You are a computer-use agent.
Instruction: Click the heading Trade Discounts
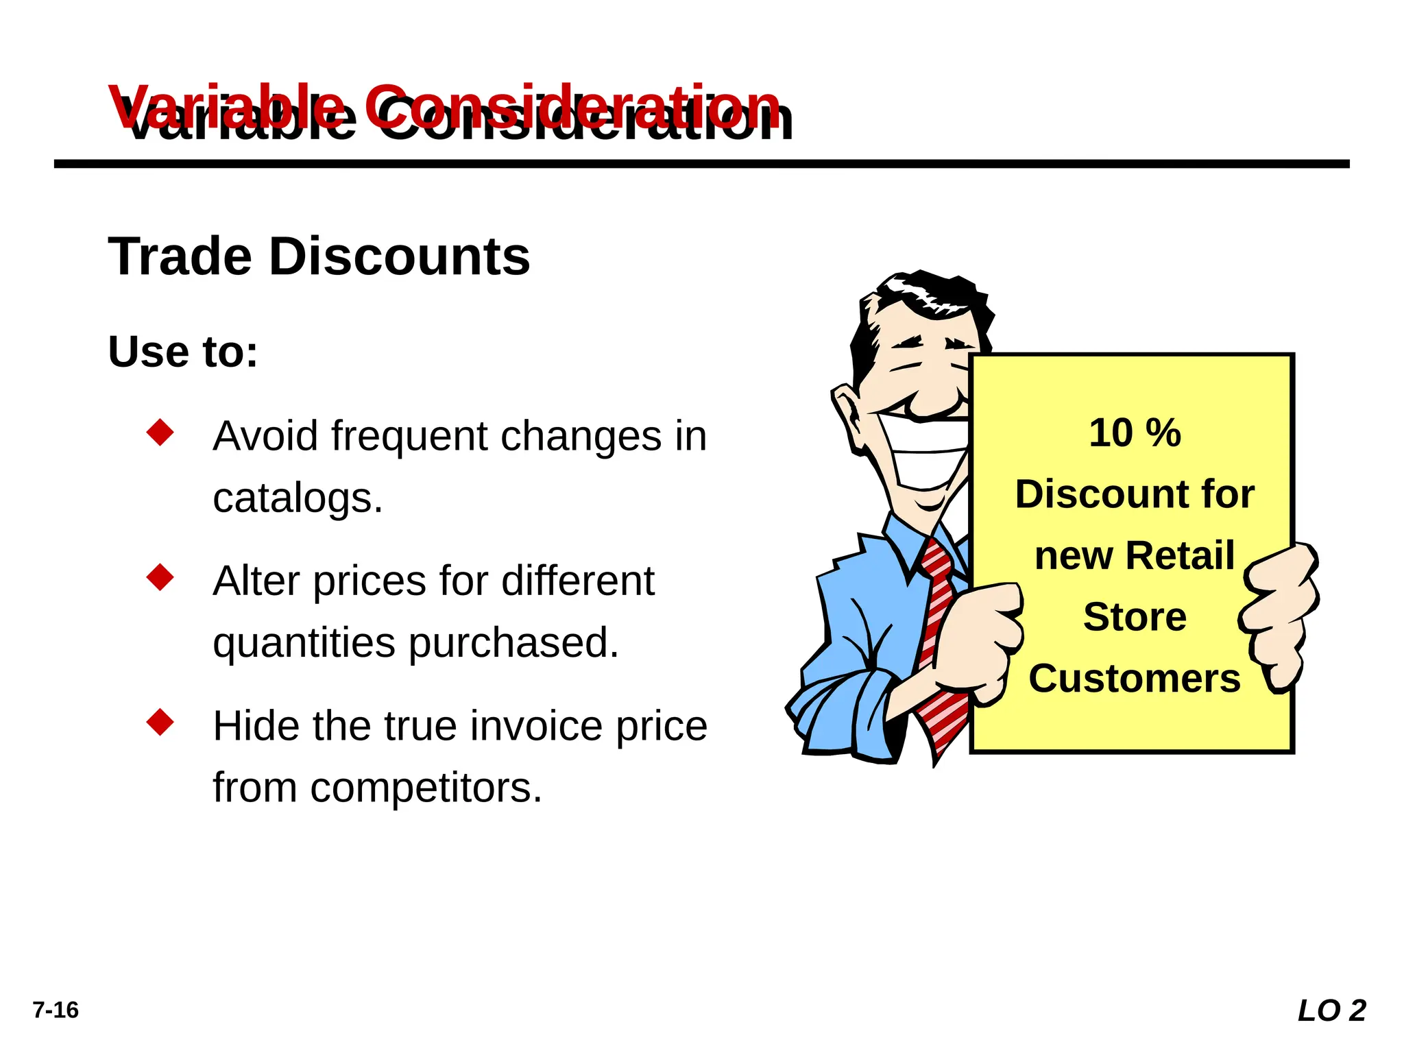tap(319, 257)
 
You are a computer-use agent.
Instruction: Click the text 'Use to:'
tap(183, 352)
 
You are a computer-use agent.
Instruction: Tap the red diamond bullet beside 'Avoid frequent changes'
tap(160, 433)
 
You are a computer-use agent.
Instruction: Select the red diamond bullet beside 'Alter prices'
tap(160, 577)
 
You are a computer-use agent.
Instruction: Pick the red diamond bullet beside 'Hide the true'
tap(160, 723)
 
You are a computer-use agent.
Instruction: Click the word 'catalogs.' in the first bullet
tap(298, 498)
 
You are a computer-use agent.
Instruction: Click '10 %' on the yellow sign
tap(1135, 433)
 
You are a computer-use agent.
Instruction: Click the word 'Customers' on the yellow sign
tap(1135, 679)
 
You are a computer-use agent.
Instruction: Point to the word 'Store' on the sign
tap(1135, 617)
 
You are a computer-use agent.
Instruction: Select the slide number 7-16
tap(56, 1010)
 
